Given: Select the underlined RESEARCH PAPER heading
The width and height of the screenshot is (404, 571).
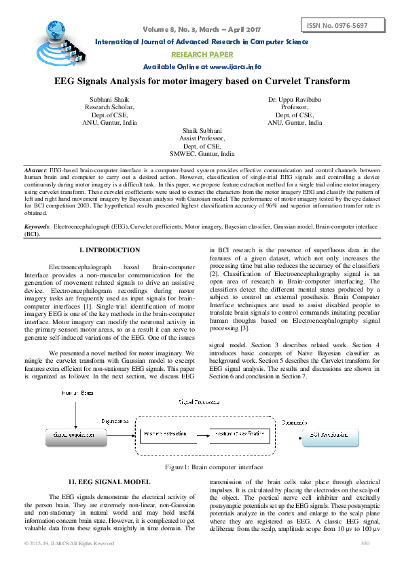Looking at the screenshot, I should pyautogui.click(x=202, y=54).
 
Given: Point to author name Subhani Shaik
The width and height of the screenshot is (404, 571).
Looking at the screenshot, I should pyautogui.click(x=110, y=99).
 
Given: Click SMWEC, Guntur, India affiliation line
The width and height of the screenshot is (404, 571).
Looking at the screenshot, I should pyautogui.click(x=202, y=154).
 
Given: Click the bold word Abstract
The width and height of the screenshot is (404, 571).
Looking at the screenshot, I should pyautogui.click(x=35, y=168).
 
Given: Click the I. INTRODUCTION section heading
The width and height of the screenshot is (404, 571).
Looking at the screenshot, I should pyautogui.click(x=110, y=251).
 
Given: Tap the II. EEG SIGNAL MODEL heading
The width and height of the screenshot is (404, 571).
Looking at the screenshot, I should pyautogui.click(x=110, y=481).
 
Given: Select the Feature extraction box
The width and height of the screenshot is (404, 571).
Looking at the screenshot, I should pyautogui.click(x=163, y=433).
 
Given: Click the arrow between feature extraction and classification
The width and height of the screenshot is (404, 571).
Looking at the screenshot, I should pyautogui.click(x=200, y=433).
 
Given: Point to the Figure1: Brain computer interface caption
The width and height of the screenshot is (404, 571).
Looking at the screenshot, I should pyautogui.click(x=202, y=468).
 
